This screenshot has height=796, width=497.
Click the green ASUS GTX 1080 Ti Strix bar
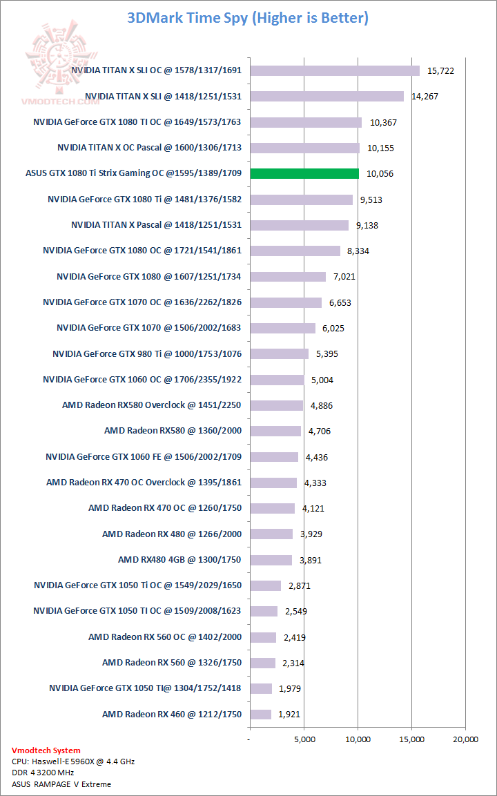click(304, 173)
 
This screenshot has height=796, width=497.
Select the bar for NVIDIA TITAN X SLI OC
click(335, 70)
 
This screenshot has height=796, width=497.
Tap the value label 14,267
click(425, 97)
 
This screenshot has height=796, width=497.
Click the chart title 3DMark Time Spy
click(248, 19)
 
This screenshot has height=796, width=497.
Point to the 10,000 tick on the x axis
click(358, 739)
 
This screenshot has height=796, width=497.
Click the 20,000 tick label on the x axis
click(465, 739)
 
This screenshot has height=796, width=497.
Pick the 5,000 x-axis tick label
click(304, 739)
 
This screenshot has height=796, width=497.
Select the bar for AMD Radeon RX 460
click(261, 715)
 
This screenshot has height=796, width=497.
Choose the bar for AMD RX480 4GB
click(271, 560)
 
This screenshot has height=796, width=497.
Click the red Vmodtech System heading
click(46, 750)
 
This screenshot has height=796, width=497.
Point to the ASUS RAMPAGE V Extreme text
click(61, 784)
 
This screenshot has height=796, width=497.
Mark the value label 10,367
click(383, 122)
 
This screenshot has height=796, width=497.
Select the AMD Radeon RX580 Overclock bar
click(276, 405)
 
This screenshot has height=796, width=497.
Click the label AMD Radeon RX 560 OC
click(165, 637)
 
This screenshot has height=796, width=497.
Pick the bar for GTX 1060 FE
click(274, 457)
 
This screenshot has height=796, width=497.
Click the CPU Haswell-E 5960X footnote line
click(73, 761)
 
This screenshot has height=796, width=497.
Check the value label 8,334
click(358, 251)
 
